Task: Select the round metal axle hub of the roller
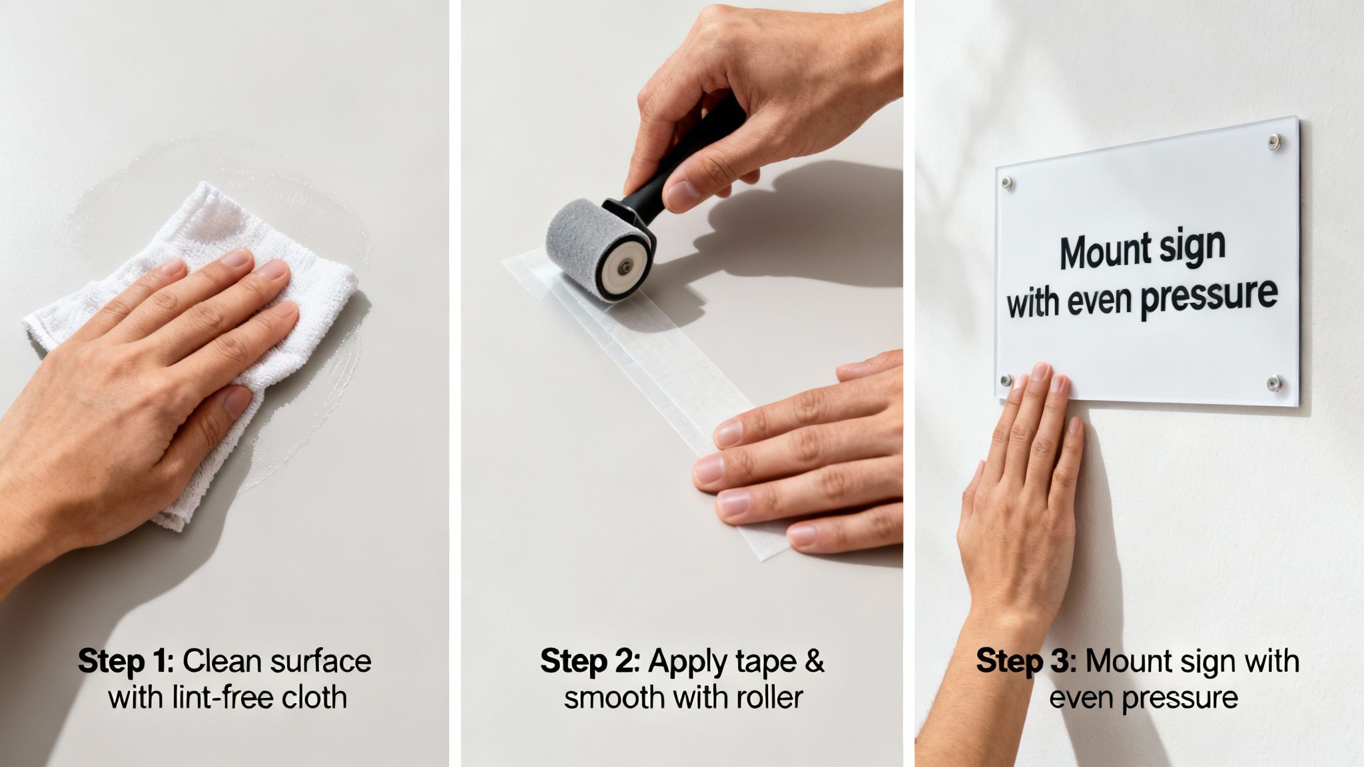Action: click(624, 268)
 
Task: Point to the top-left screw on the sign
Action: click(1008, 182)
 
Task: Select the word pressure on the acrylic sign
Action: click(1208, 296)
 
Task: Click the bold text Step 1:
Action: click(126, 661)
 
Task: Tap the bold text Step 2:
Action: click(589, 661)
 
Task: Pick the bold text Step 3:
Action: click(1025, 661)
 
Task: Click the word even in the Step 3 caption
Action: click(1082, 698)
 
